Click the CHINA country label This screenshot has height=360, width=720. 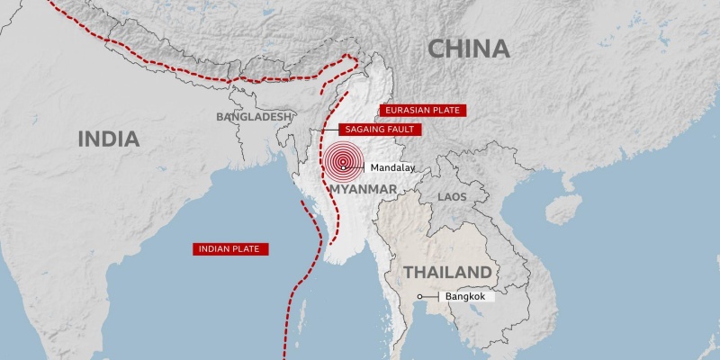pos(468,49)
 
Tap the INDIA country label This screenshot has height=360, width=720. pos(108,139)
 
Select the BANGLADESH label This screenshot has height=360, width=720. pos(255,117)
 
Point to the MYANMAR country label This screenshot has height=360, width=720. pos(364,189)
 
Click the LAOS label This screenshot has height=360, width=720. pos(453,195)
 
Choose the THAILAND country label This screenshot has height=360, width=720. pos(447,272)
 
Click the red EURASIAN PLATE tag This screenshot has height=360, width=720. pos(422,111)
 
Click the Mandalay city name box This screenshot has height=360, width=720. pos(390,167)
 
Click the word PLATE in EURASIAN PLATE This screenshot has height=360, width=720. pos(445,111)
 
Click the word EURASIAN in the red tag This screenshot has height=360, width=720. pos(407,111)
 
